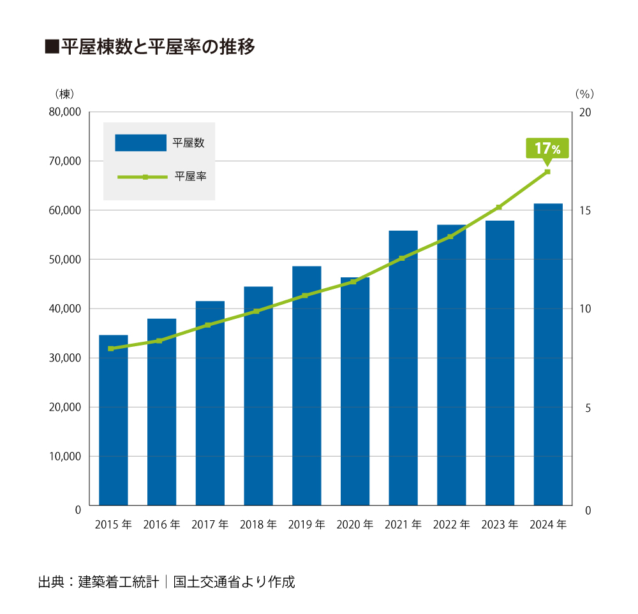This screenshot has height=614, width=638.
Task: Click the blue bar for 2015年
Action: click(114, 421)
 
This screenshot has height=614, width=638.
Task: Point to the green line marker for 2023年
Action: click(499, 207)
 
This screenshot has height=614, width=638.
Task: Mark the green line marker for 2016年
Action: click(159, 340)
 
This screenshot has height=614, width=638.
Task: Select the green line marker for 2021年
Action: click(402, 258)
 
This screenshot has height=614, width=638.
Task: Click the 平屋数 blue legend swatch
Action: click(140, 143)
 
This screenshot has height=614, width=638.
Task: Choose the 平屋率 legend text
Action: click(189, 177)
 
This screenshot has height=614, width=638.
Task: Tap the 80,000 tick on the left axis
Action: click(64, 112)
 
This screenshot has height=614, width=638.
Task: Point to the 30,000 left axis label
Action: click(64, 358)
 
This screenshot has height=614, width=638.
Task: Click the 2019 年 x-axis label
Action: click(307, 525)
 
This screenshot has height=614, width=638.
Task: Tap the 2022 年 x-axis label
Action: click(452, 525)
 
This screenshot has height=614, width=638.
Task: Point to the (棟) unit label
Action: click(64, 93)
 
